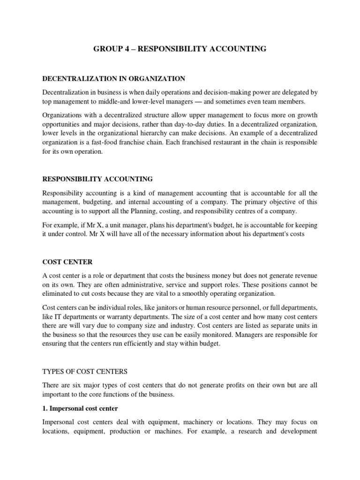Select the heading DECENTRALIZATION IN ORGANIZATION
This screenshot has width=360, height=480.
(x=113, y=78)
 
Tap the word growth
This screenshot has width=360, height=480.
(x=307, y=115)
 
